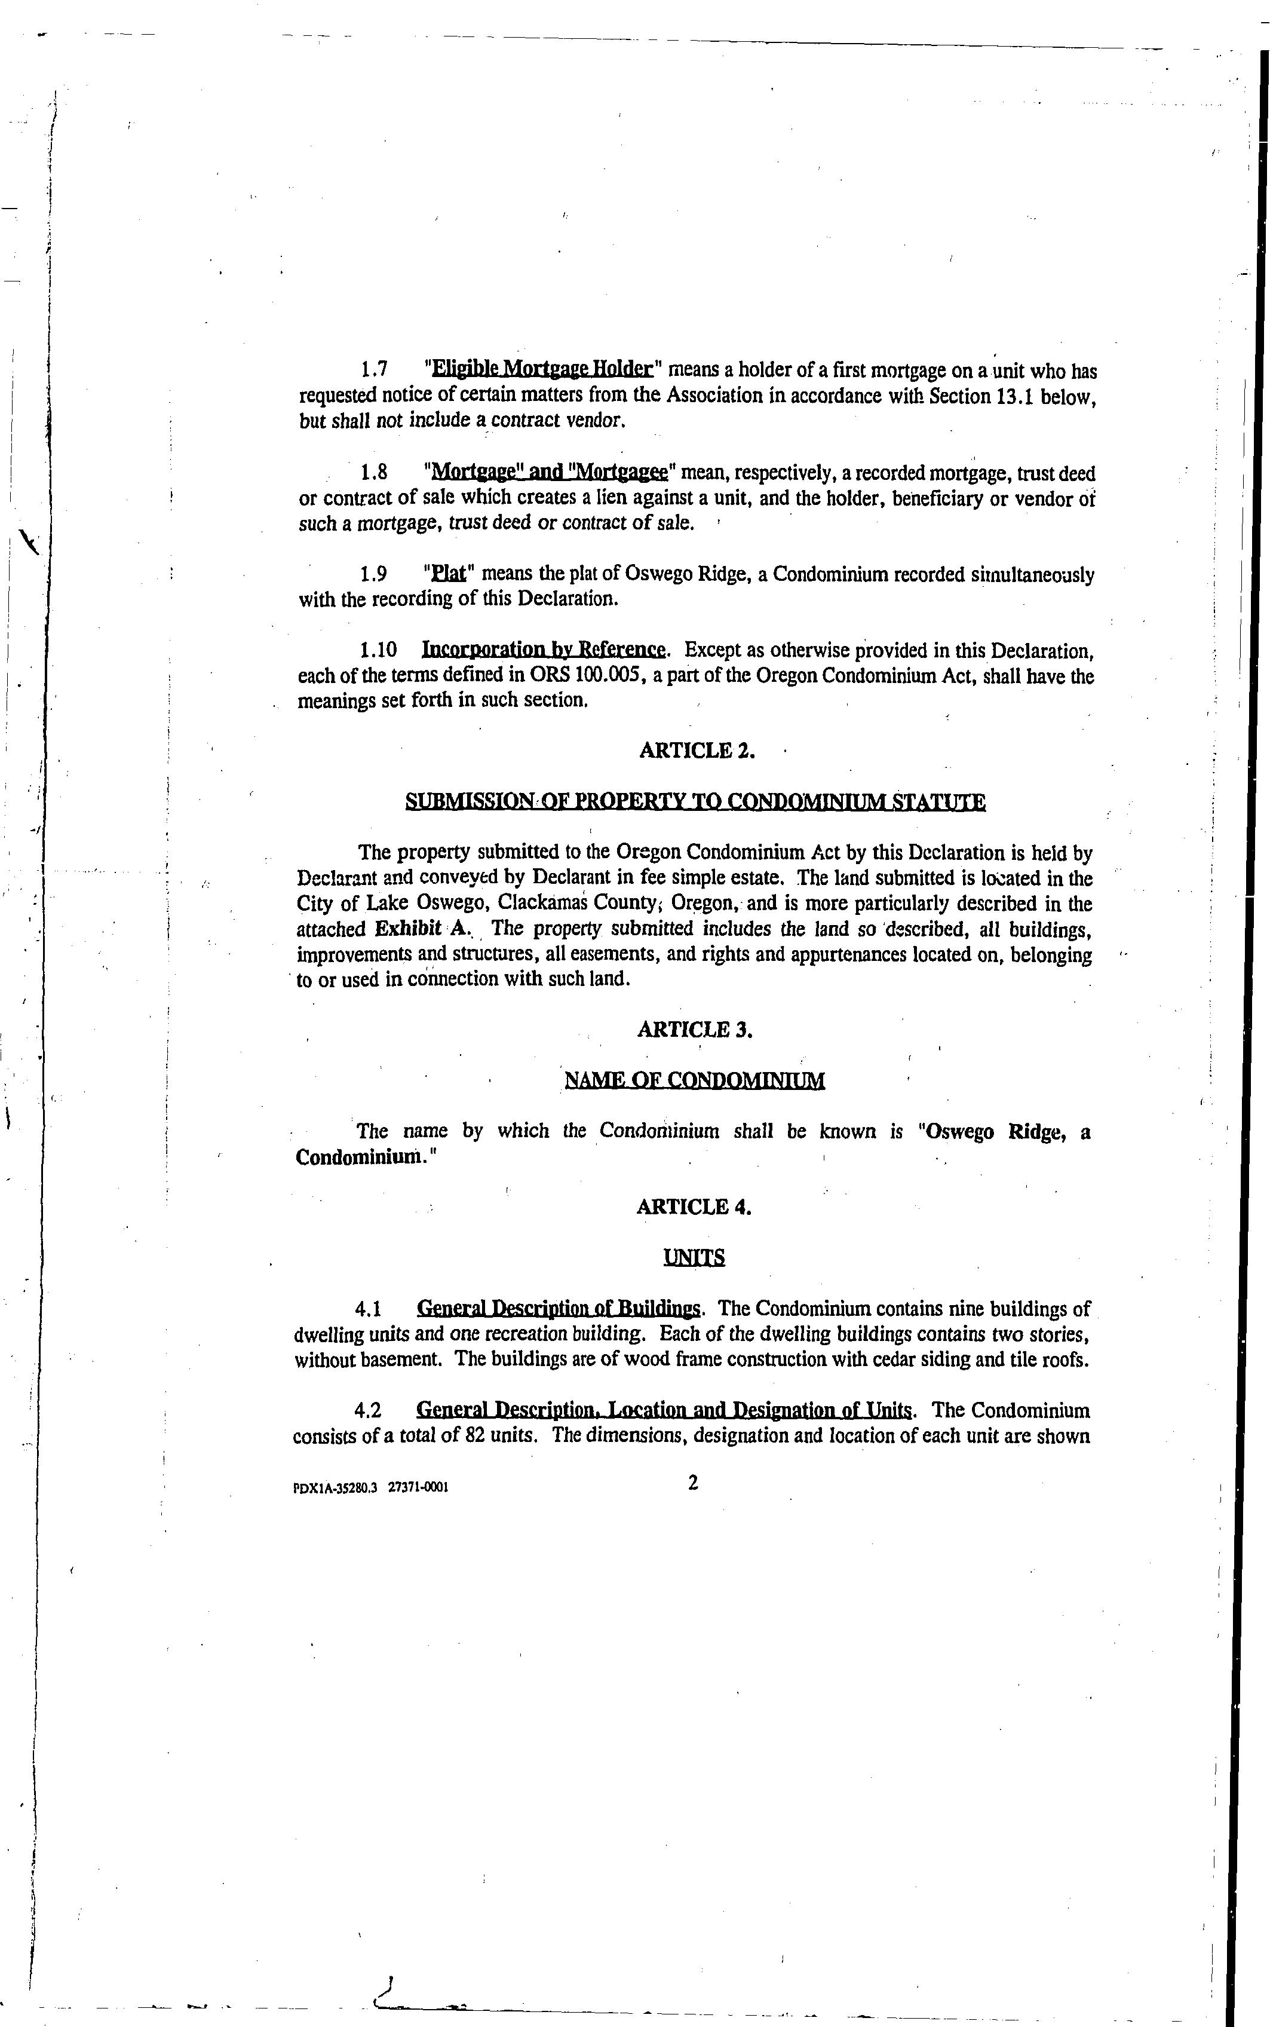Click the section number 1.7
[374, 370]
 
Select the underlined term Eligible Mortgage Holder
[542, 370]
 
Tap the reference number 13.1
[1016, 396]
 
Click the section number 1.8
[374, 473]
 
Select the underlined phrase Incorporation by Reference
[544, 650]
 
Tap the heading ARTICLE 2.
[697, 751]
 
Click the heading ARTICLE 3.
[695, 1030]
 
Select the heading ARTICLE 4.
[694, 1207]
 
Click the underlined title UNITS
[694, 1257]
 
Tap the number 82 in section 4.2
[474, 1435]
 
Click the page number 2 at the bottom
[693, 1483]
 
